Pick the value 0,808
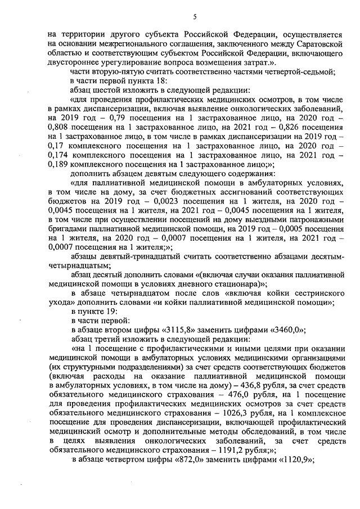(x=62, y=125)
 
